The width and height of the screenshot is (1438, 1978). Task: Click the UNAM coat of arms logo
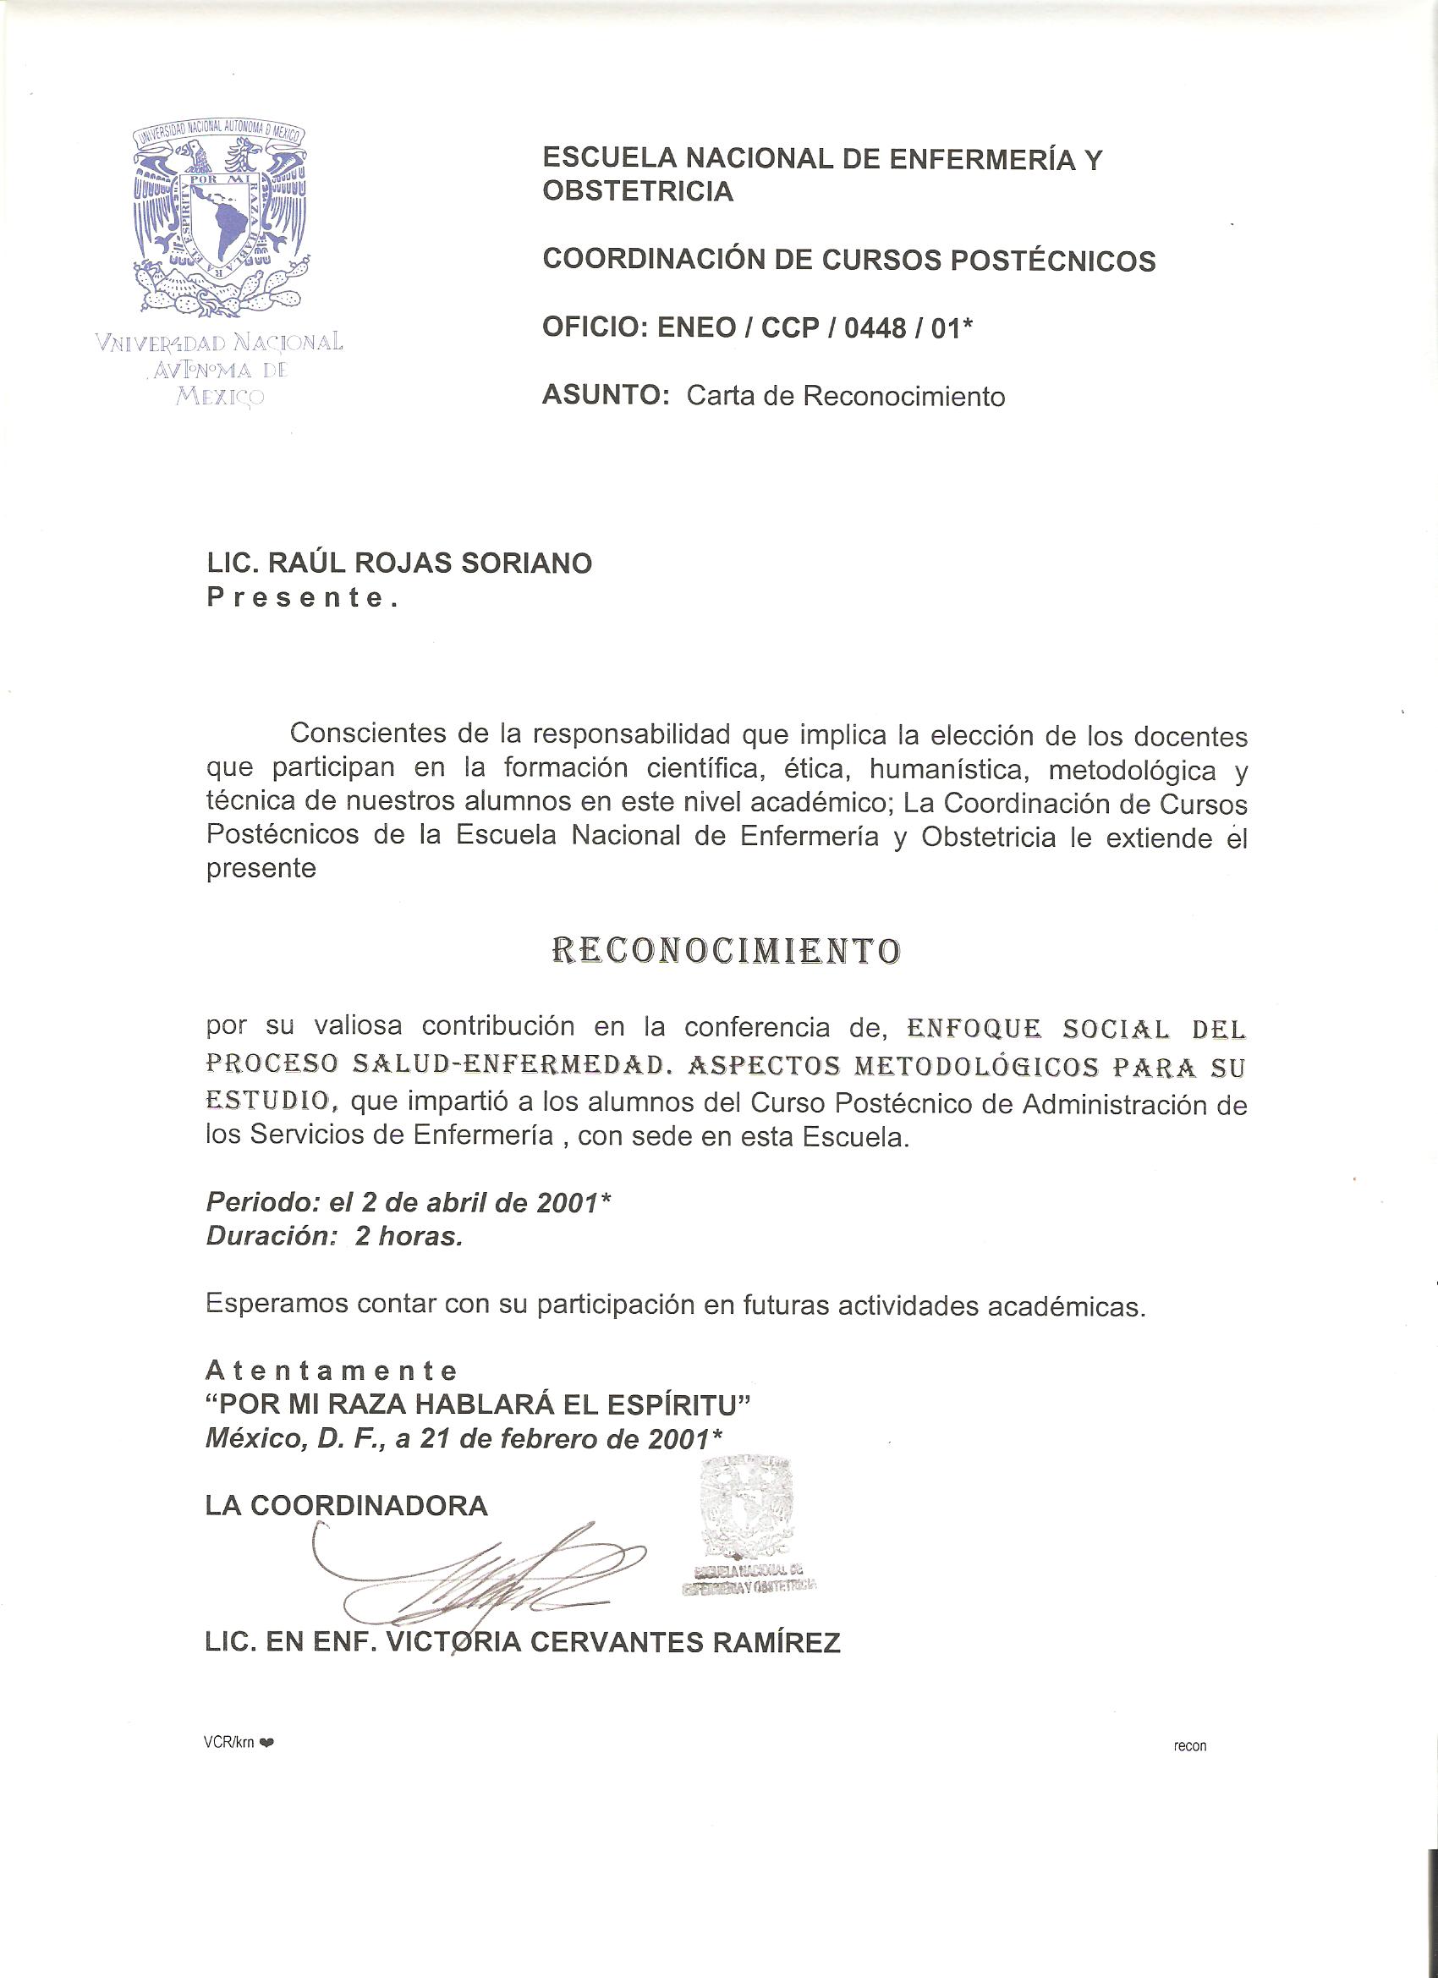pyautogui.click(x=221, y=220)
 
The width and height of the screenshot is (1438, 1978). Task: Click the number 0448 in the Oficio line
pyautogui.click(x=876, y=329)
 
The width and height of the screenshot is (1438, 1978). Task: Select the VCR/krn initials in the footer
pyautogui.click(x=228, y=1743)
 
